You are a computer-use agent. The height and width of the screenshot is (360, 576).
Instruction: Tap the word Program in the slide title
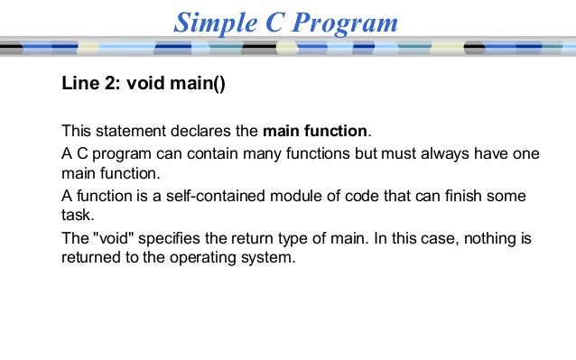tap(344, 23)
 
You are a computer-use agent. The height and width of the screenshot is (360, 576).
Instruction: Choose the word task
tap(78, 217)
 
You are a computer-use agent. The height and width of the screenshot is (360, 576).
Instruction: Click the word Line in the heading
tap(79, 85)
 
